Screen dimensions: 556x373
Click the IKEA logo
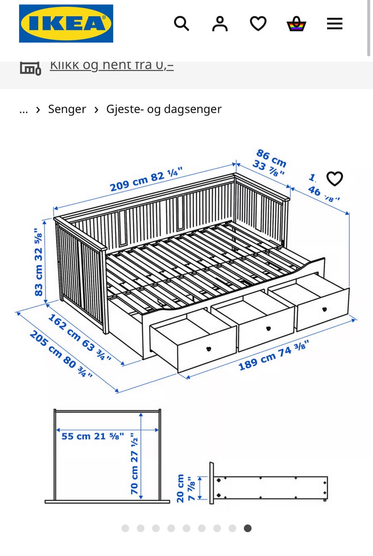coord(66,23)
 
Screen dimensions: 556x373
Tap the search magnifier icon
coord(181,24)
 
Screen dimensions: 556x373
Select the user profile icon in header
coord(220,24)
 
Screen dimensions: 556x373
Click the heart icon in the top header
coord(258,24)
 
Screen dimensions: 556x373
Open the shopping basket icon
coord(296,24)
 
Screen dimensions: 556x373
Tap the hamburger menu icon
coord(334,24)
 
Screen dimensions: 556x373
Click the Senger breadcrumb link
coord(67,109)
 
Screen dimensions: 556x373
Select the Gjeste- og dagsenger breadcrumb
coord(164,109)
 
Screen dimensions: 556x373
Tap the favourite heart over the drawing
coord(335,178)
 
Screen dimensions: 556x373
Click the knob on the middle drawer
coord(268,328)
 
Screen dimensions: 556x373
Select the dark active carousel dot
coord(248,528)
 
